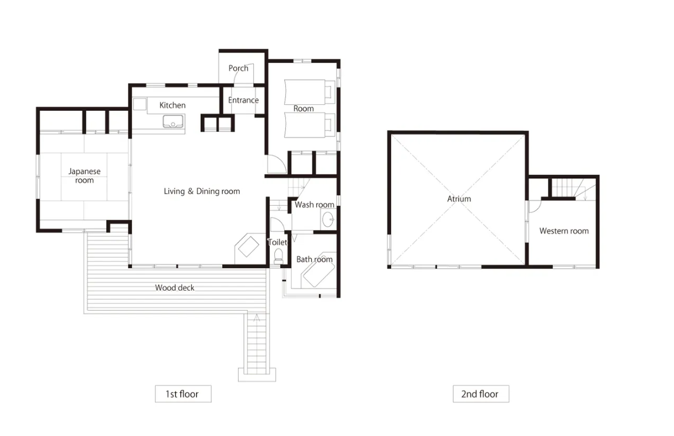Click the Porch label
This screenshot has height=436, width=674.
[238, 68]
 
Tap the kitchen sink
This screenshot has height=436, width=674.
[173, 122]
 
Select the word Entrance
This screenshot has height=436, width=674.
[243, 100]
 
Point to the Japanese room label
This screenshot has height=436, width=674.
[84, 175]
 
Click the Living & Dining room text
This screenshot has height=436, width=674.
[201, 191]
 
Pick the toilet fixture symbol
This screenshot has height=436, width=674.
[278, 256]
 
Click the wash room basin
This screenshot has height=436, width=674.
[328, 220]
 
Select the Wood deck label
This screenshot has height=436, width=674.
[174, 287]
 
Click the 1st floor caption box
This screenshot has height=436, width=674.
[183, 394]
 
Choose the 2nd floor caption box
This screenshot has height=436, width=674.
[481, 394]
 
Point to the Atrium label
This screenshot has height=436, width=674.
[459, 199]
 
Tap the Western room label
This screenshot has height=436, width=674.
[564, 231]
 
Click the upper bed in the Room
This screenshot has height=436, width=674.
[309, 92]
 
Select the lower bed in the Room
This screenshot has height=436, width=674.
[309, 125]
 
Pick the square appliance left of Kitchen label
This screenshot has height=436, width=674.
[139, 104]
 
